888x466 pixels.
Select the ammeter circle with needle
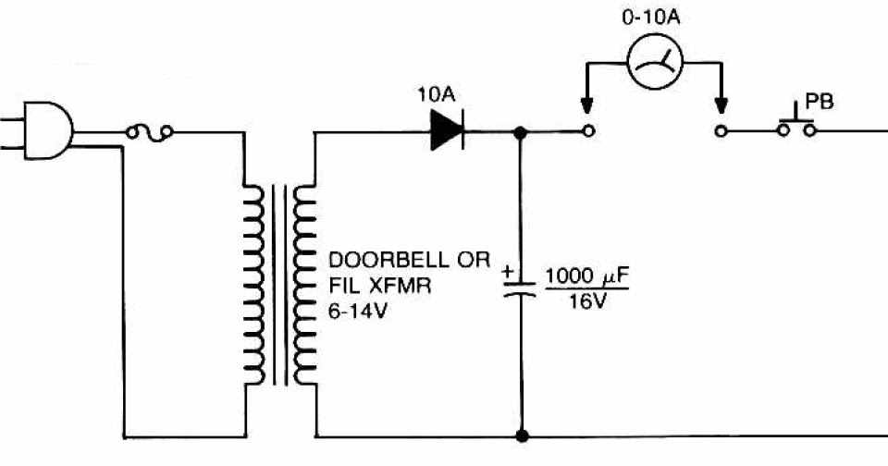[654, 62]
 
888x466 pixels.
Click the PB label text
[820, 100]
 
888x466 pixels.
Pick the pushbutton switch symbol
[795, 125]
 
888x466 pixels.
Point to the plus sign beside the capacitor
[508, 273]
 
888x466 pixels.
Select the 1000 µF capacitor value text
[585, 275]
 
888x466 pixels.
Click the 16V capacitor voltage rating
[586, 302]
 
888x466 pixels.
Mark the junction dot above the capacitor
[521, 132]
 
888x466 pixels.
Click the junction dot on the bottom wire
[521, 435]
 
